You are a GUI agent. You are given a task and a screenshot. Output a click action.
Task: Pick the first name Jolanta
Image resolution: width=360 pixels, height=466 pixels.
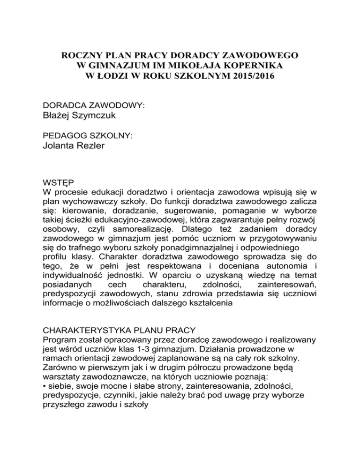pos(59,146)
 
